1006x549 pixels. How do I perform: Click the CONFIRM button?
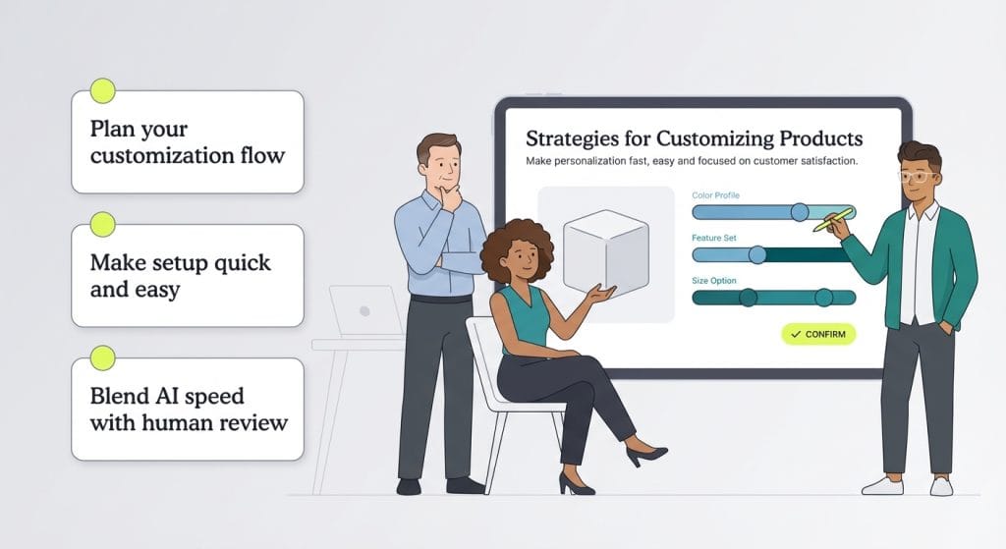click(x=818, y=334)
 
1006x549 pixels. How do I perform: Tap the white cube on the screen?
click(x=604, y=250)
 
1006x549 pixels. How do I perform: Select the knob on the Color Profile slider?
click(x=800, y=211)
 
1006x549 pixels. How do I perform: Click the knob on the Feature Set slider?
click(x=756, y=254)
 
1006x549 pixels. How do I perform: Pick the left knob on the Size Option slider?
click(x=748, y=298)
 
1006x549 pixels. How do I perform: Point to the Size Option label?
click(x=714, y=280)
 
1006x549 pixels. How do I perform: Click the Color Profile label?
click(x=716, y=195)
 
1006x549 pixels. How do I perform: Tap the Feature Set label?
click(x=714, y=238)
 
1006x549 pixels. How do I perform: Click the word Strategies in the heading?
click(x=572, y=138)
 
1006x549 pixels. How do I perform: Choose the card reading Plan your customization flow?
click(x=188, y=141)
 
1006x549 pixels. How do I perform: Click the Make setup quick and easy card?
click(x=188, y=275)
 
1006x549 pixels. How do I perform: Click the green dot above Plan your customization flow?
click(x=102, y=91)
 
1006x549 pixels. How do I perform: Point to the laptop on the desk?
click(x=363, y=311)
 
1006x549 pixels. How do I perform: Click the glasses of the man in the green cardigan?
click(x=919, y=177)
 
